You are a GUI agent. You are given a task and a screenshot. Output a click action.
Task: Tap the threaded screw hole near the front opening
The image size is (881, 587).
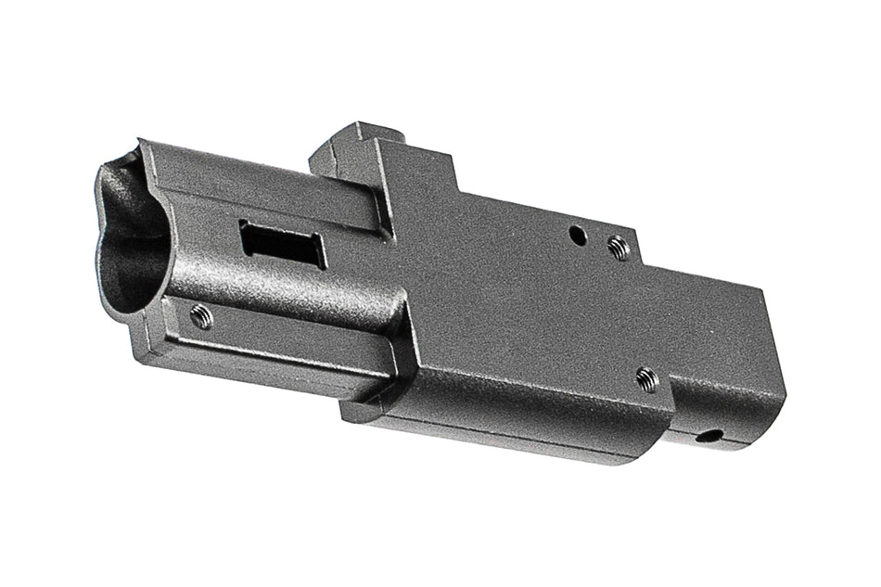click(199, 316)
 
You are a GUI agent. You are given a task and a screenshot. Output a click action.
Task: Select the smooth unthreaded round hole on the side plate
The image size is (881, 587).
click(578, 235)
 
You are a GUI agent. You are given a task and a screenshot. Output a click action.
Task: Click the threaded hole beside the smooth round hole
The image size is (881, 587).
click(617, 247)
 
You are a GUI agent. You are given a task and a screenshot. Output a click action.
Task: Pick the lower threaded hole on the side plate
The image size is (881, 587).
click(646, 377)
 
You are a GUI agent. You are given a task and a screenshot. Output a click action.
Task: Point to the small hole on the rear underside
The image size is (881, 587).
click(710, 434)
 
